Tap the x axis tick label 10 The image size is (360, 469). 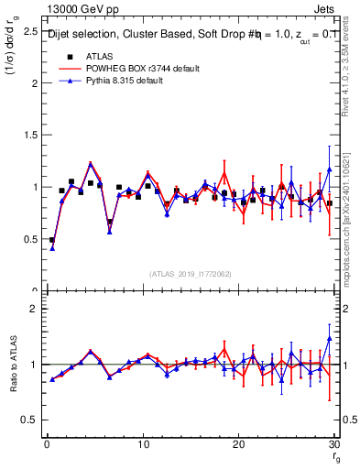pyautogui.click(x=143, y=444)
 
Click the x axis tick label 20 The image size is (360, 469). pyautogui.click(x=239, y=444)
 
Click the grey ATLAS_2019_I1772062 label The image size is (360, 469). pyautogui.click(x=191, y=273)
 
